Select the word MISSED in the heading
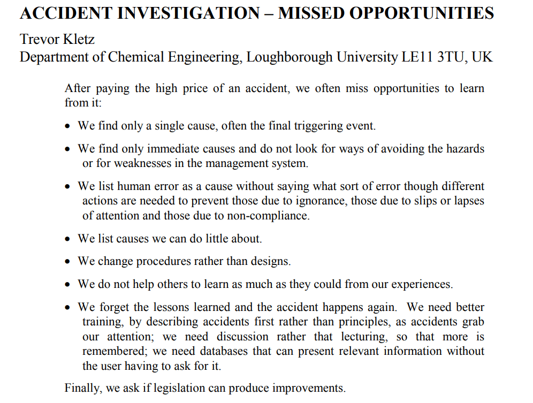(x=311, y=13)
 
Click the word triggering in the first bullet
(x=309, y=126)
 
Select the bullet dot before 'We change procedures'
(x=67, y=262)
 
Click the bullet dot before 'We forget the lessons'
(x=67, y=308)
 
